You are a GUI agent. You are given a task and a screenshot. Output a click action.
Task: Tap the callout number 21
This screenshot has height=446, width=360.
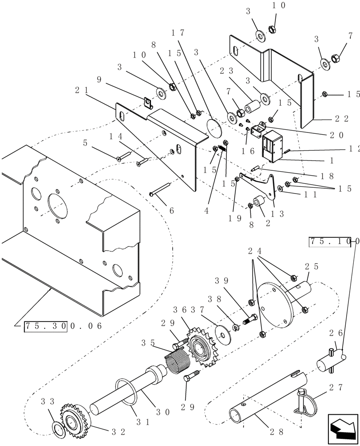pos(81,91)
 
